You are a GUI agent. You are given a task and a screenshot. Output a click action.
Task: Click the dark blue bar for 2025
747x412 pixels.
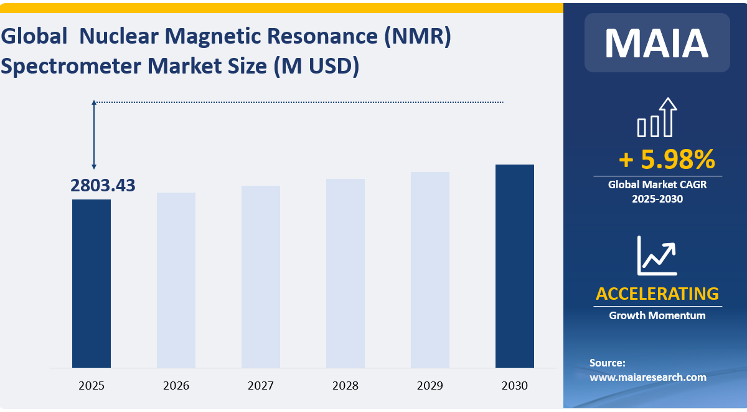92,284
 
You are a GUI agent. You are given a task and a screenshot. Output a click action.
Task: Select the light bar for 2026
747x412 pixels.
176,280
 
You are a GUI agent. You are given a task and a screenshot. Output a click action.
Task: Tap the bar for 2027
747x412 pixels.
261,277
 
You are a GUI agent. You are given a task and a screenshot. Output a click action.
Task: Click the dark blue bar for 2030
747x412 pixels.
515,266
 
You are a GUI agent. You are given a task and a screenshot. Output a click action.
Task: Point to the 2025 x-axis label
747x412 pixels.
92,386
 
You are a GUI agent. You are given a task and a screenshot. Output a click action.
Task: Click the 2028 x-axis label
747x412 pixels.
345,386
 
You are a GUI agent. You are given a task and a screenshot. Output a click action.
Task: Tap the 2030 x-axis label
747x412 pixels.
515,386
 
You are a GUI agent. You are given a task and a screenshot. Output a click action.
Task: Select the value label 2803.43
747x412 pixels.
103,185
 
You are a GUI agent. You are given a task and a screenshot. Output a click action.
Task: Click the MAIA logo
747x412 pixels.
657,42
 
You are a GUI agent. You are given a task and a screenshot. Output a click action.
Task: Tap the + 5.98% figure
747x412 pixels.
666,160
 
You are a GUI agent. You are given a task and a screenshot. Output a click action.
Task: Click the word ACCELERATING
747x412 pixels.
657,294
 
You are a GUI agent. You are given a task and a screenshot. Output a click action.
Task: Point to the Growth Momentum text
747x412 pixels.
657,315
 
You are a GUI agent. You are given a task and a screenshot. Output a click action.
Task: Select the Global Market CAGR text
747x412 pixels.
657,184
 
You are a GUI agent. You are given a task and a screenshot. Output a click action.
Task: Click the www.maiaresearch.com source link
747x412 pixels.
647,377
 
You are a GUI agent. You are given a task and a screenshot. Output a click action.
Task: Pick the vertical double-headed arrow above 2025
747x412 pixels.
94,134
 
